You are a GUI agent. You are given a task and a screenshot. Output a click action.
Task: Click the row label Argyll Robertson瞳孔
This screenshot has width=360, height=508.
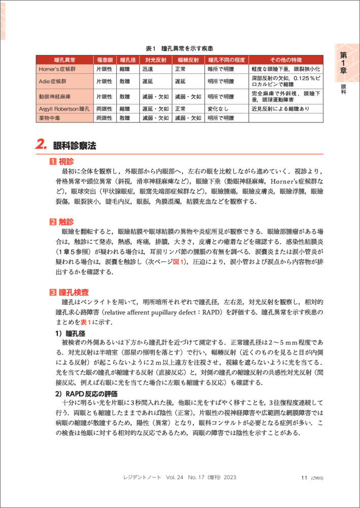tap(64, 109)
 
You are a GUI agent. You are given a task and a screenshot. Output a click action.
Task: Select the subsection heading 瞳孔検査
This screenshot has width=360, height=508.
tap(69, 292)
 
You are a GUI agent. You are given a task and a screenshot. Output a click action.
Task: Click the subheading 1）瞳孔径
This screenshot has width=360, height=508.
tap(67, 334)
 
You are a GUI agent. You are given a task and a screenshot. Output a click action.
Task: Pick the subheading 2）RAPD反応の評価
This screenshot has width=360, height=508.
tap(86, 394)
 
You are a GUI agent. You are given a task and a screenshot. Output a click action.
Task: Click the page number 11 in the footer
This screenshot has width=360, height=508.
tap(305, 478)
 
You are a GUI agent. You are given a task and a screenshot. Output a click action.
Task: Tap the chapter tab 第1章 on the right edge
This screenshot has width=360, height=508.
tap(344, 63)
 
